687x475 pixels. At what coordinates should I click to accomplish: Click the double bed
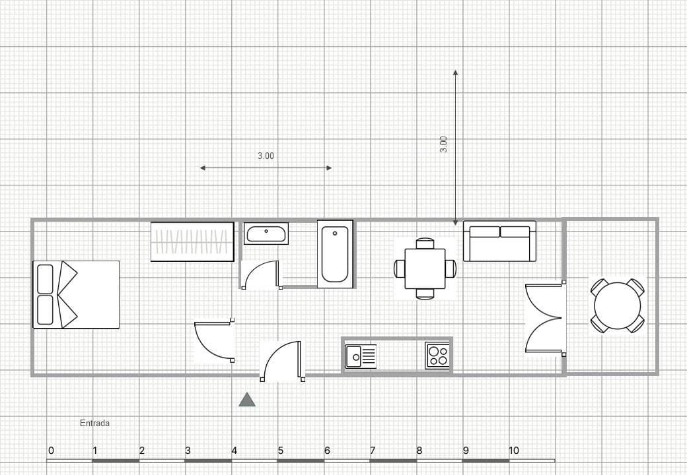76,294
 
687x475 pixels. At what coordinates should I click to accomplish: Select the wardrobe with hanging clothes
192,242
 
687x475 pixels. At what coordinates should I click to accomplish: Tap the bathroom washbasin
266,233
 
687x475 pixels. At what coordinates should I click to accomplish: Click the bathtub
335,254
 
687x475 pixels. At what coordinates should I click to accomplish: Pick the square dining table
425,269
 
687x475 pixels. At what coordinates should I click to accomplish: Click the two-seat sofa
499,241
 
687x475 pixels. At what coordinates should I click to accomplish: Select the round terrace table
618,305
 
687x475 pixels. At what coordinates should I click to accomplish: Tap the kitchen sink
361,356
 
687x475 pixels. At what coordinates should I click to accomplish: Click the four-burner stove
437,356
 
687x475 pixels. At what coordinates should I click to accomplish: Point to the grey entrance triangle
247,400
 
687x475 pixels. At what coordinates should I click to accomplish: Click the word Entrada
94,423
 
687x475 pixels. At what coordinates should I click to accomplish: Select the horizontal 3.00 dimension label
266,156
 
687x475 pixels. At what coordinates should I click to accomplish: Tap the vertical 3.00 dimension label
443,144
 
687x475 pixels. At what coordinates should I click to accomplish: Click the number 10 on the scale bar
513,450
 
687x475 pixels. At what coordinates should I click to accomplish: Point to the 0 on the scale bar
52,450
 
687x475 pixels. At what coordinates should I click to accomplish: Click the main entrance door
283,362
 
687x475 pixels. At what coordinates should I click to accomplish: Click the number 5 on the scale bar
280,450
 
